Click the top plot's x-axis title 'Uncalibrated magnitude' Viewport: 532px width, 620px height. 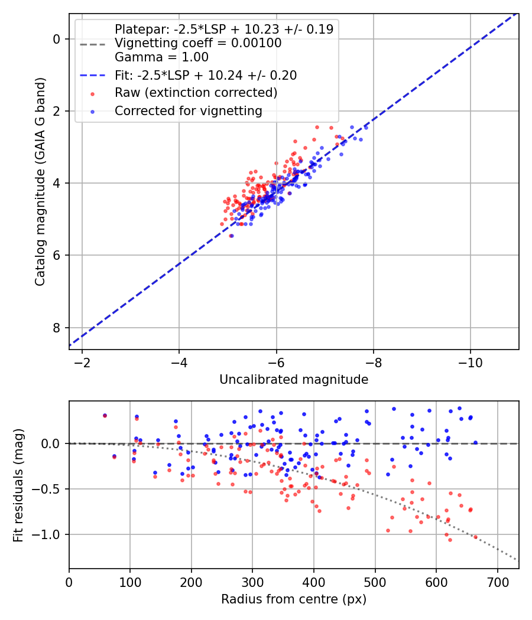(x=294, y=380)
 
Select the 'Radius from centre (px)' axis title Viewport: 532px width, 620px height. (x=294, y=599)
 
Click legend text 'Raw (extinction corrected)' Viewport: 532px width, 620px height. (x=196, y=93)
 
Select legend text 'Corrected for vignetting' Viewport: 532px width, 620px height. (x=188, y=110)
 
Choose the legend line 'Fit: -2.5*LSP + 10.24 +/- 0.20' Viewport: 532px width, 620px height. (x=93, y=76)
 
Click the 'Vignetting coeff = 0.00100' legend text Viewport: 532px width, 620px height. (x=198, y=43)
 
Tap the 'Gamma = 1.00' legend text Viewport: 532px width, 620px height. (x=161, y=57)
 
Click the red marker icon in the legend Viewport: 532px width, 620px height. (x=93, y=93)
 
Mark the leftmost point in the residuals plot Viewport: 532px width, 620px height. (x=105, y=416)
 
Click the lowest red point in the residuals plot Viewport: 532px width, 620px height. (x=450, y=540)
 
